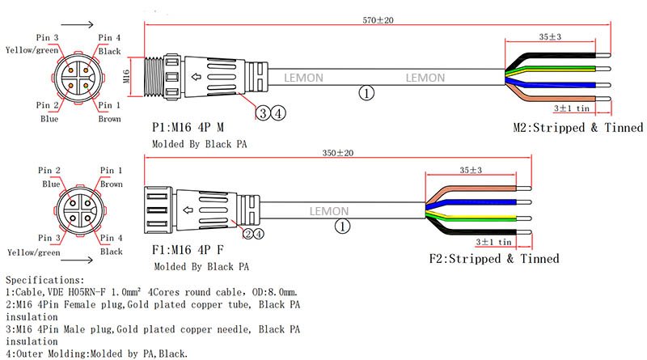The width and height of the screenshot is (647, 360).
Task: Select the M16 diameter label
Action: click(126, 77)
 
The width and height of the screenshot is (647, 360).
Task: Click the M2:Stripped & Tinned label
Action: click(578, 128)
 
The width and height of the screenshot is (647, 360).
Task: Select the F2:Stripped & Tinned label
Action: click(494, 259)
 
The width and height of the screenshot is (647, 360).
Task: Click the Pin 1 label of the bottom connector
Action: click(111, 171)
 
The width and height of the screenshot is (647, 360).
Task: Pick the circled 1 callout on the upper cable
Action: click(367, 94)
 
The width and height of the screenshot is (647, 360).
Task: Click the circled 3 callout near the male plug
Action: click(264, 113)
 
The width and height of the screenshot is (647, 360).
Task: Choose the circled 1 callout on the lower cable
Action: click(344, 227)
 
